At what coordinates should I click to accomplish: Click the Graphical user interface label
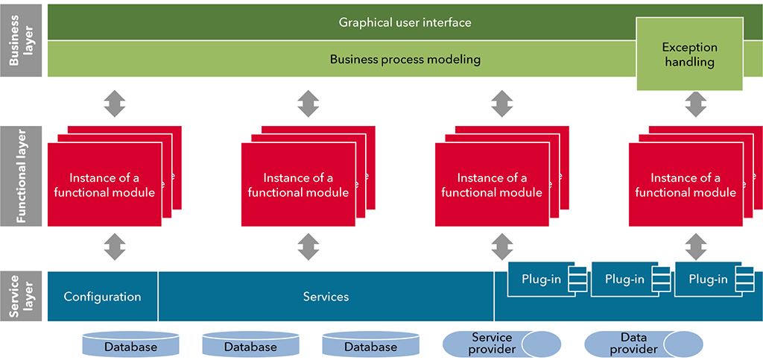[x=405, y=22]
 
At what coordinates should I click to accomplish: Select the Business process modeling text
[x=405, y=60]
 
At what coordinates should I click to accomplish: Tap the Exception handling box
[x=689, y=54]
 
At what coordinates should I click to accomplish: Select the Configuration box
[x=103, y=296]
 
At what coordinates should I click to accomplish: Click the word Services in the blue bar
[x=326, y=296]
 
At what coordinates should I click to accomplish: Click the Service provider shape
[x=501, y=344]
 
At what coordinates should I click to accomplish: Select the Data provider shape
[x=643, y=344]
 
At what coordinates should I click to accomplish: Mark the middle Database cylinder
[x=250, y=344]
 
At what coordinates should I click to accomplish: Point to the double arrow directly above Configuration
[x=115, y=247]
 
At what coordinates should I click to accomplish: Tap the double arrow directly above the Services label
[x=308, y=247]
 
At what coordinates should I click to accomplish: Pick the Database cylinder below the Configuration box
[x=131, y=344]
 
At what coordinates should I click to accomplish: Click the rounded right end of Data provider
[x=683, y=344]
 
